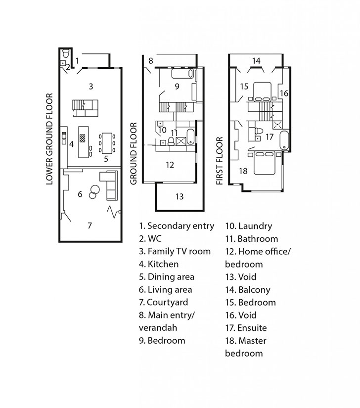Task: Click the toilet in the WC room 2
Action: pyautogui.click(x=65, y=53)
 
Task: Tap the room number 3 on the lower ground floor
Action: pyautogui.click(x=91, y=87)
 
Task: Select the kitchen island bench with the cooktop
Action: pyautogui.click(x=84, y=142)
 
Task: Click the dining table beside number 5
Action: pyautogui.click(x=107, y=143)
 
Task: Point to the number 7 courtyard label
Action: pyautogui.click(x=90, y=226)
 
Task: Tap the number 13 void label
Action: pyautogui.click(x=180, y=196)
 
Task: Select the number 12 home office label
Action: pyautogui.click(x=170, y=165)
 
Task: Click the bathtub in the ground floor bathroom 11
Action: pyautogui.click(x=191, y=136)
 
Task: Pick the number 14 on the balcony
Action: pyautogui.click(x=256, y=61)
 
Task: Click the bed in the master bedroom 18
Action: pyautogui.click(x=264, y=163)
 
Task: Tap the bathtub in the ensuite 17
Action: pyautogui.click(x=284, y=140)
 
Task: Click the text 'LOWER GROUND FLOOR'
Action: pyautogui.click(x=49, y=139)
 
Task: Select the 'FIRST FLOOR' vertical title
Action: pyautogui.click(x=220, y=161)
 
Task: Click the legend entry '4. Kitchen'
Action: pyautogui.click(x=159, y=264)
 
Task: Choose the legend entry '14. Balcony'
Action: pyautogui.click(x=248, y=290)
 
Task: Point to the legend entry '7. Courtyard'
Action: pyautogui.click(x=163, y=302)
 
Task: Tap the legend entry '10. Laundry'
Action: pyautogui.click(x=249, y=226)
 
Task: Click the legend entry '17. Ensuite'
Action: pyautogui.click(x=246, y=327)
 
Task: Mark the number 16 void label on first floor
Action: pyautogui.click(x=284, y=93)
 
